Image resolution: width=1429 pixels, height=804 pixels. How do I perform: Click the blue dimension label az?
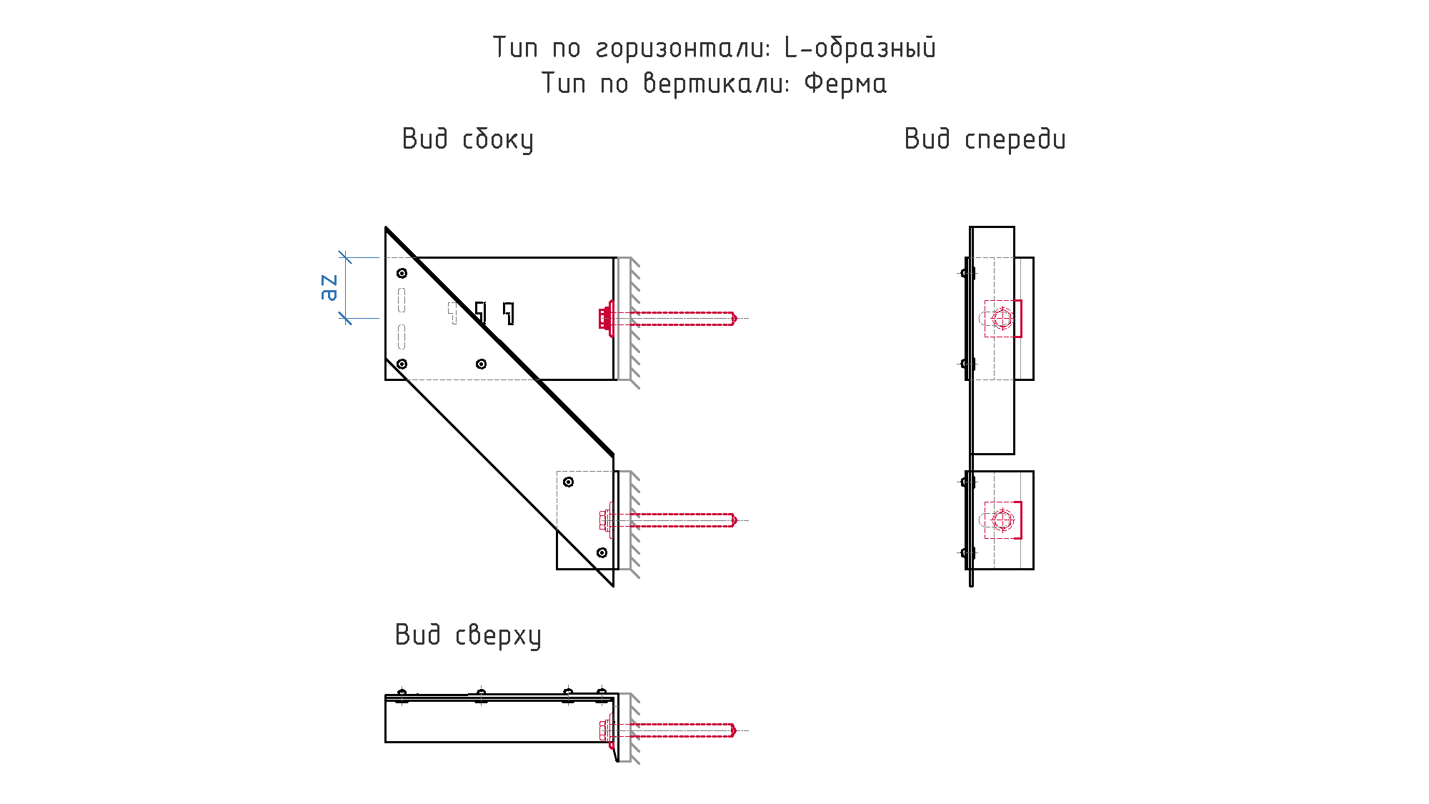[329, 287]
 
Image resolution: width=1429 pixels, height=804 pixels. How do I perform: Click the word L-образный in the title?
[860, 48]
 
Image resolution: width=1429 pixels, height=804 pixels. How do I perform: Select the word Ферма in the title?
[845, 84]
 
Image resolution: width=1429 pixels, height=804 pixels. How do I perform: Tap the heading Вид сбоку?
[467, 139]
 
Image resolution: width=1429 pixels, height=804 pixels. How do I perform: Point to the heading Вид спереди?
[985, 139]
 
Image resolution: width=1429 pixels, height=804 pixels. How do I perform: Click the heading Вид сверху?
[468, 635]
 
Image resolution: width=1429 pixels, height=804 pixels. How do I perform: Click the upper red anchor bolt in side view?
[668, 318]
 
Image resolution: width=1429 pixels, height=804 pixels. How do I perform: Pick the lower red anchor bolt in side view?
[668, 520]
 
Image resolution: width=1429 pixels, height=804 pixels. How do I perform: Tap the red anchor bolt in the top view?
[668, 730]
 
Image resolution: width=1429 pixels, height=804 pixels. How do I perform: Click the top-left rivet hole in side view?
[402, 273]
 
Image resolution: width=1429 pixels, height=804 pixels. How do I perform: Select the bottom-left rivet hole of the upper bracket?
[402, 364]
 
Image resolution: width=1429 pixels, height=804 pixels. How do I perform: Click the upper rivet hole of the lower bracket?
[568, 482]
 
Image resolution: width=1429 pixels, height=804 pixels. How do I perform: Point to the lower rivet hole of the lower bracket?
[602, 552]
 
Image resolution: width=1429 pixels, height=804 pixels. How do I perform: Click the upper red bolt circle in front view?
[1002, 318]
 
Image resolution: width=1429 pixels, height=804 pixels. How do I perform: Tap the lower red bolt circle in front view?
[1002, 520]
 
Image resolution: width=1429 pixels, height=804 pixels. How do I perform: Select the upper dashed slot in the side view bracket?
[402, 300]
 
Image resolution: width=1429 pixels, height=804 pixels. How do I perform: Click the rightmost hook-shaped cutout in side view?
[509, 313]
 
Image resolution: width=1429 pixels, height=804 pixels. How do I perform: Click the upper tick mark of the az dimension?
[345, 257]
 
